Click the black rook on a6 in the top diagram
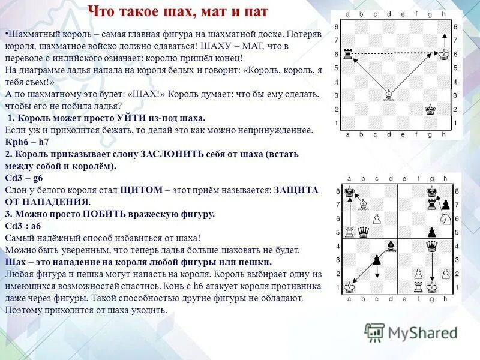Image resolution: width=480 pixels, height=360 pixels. tap(349, 55)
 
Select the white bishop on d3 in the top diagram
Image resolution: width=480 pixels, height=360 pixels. tap(389, 95)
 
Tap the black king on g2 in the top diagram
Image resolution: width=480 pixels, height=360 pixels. tap(430, 109)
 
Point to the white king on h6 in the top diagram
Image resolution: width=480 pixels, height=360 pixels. tap(444, 55)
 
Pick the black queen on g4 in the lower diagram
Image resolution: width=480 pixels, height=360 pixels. tap(431, 246)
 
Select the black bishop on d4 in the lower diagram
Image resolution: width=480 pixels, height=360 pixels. tap(390, 246)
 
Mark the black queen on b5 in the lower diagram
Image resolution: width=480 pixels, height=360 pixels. tap(362, 232)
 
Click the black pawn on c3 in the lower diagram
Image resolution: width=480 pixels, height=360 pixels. tap(376, 260)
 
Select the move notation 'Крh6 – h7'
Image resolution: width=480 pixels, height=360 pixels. tap(28, 141)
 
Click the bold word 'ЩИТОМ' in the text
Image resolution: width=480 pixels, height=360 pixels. tap(141, 190)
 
